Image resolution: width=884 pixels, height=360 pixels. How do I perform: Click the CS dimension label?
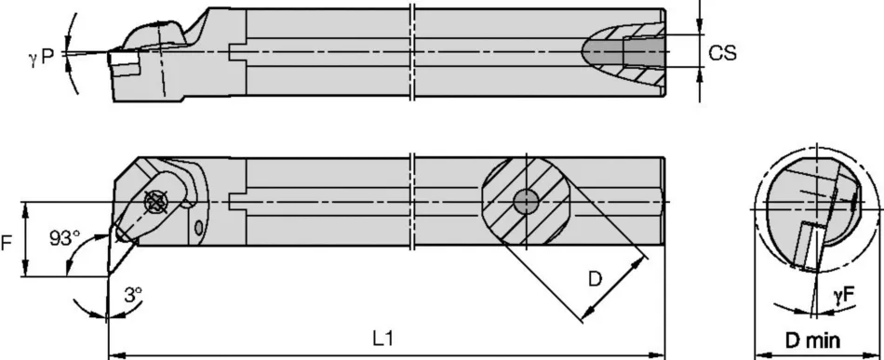click(x=722, y=54)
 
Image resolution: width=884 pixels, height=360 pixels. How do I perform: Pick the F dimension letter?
click(x=7, y=245)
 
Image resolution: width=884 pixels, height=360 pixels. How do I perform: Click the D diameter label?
click(x=596, y=277)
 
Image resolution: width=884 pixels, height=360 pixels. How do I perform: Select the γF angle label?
click(x=845, y=295)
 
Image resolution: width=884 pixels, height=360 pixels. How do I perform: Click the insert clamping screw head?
click(x=155, y=198)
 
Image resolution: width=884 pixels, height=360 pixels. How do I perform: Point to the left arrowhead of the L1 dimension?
click(x=114, y=354)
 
